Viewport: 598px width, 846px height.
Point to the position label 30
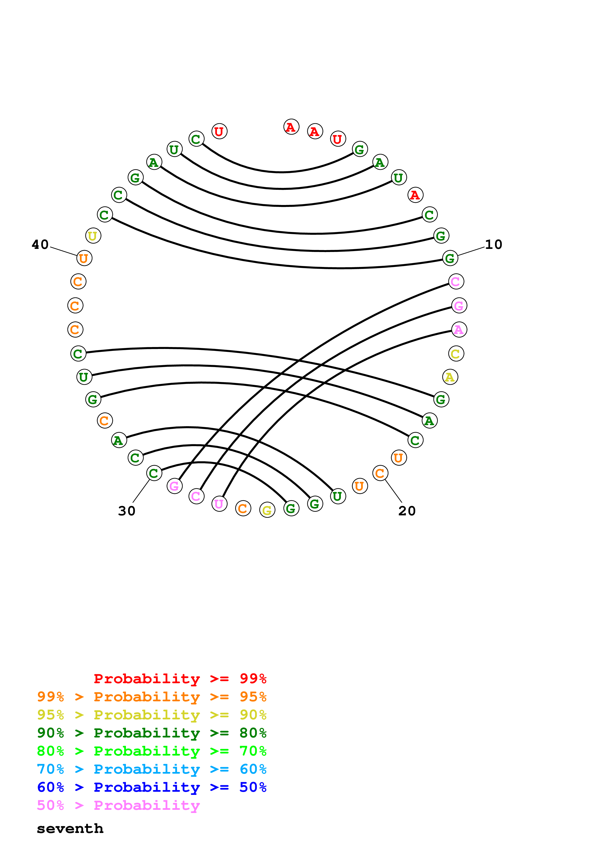[127, 511]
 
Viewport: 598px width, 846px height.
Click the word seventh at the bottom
[70, 828]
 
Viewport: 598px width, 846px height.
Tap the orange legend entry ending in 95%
[151, 696]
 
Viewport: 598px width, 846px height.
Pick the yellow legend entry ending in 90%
[151, 715]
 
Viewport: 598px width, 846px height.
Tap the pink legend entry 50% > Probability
[118, 805]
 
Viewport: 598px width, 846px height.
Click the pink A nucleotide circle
[459, 329]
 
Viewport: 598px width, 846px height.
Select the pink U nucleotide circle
[219, 504]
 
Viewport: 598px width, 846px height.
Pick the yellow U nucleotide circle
[93, 235]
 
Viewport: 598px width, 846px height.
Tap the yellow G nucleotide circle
[267, 510]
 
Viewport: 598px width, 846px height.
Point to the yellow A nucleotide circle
[450, 377]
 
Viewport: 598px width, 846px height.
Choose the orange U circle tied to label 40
[84, 258]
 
